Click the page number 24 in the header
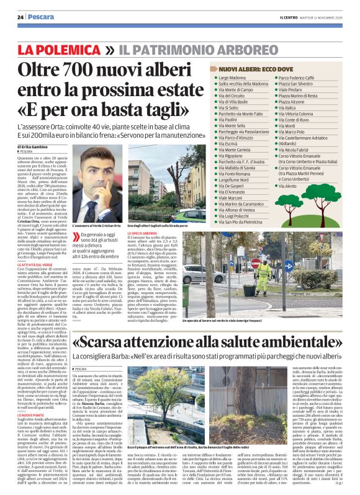coord(20,17)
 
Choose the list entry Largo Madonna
coord(231,79)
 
